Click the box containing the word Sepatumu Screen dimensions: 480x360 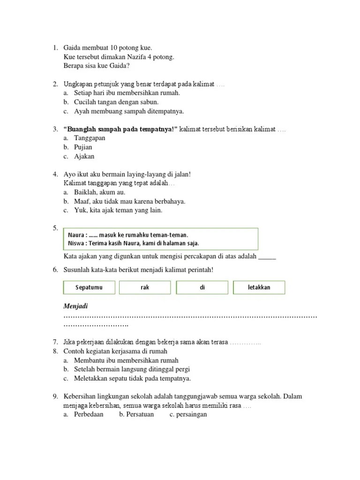pyautogui.click(x=89, y=287)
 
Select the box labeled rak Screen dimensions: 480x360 pyautogui.click(x=145, y=287)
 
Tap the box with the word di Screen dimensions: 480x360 pyautogui.click(x=202, y=287)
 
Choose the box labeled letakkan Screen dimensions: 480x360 pyautogui.click(x=259, y=287)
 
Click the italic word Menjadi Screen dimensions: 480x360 pyautogui.click(x=76, y=306)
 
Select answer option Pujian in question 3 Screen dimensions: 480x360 pyautogui.click(x=83, y=147)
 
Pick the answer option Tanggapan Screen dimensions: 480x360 pyautogui.click(x=90, y=138)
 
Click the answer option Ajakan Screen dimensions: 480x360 pyautogui.click(x=84, y=156)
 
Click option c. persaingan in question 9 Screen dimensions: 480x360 pyautogui.click(x=188, y=414)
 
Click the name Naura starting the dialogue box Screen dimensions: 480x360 pyautogui.click(x=76, y=235)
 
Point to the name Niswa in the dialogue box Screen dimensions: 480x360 pyautogui.click(x=76, y=243)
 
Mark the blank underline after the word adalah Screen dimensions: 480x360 pyautogui.click(x=267, y=256)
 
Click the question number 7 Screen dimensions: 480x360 pyautogui.click(x=55, y=342)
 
